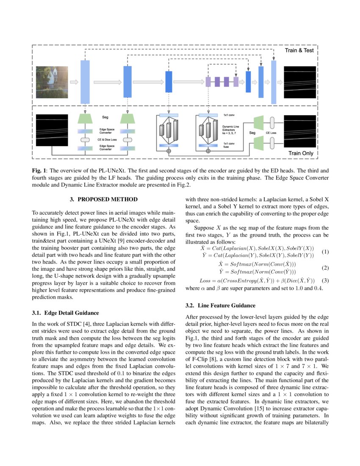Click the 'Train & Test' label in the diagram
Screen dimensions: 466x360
click(299, 50)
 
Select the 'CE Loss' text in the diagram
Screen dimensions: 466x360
click(271, 133)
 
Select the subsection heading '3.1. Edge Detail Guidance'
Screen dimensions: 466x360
click(66, 313)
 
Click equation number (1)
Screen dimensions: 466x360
click(325, 252)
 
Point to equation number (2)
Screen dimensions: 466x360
click(325, 268)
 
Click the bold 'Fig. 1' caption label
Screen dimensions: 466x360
click(39, 170)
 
